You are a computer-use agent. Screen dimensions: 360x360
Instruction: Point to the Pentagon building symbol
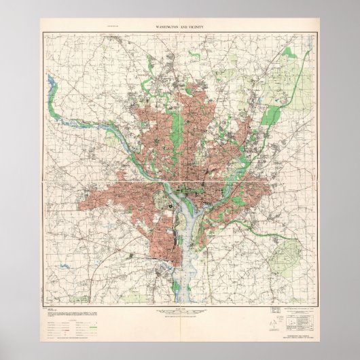coord(165,201)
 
